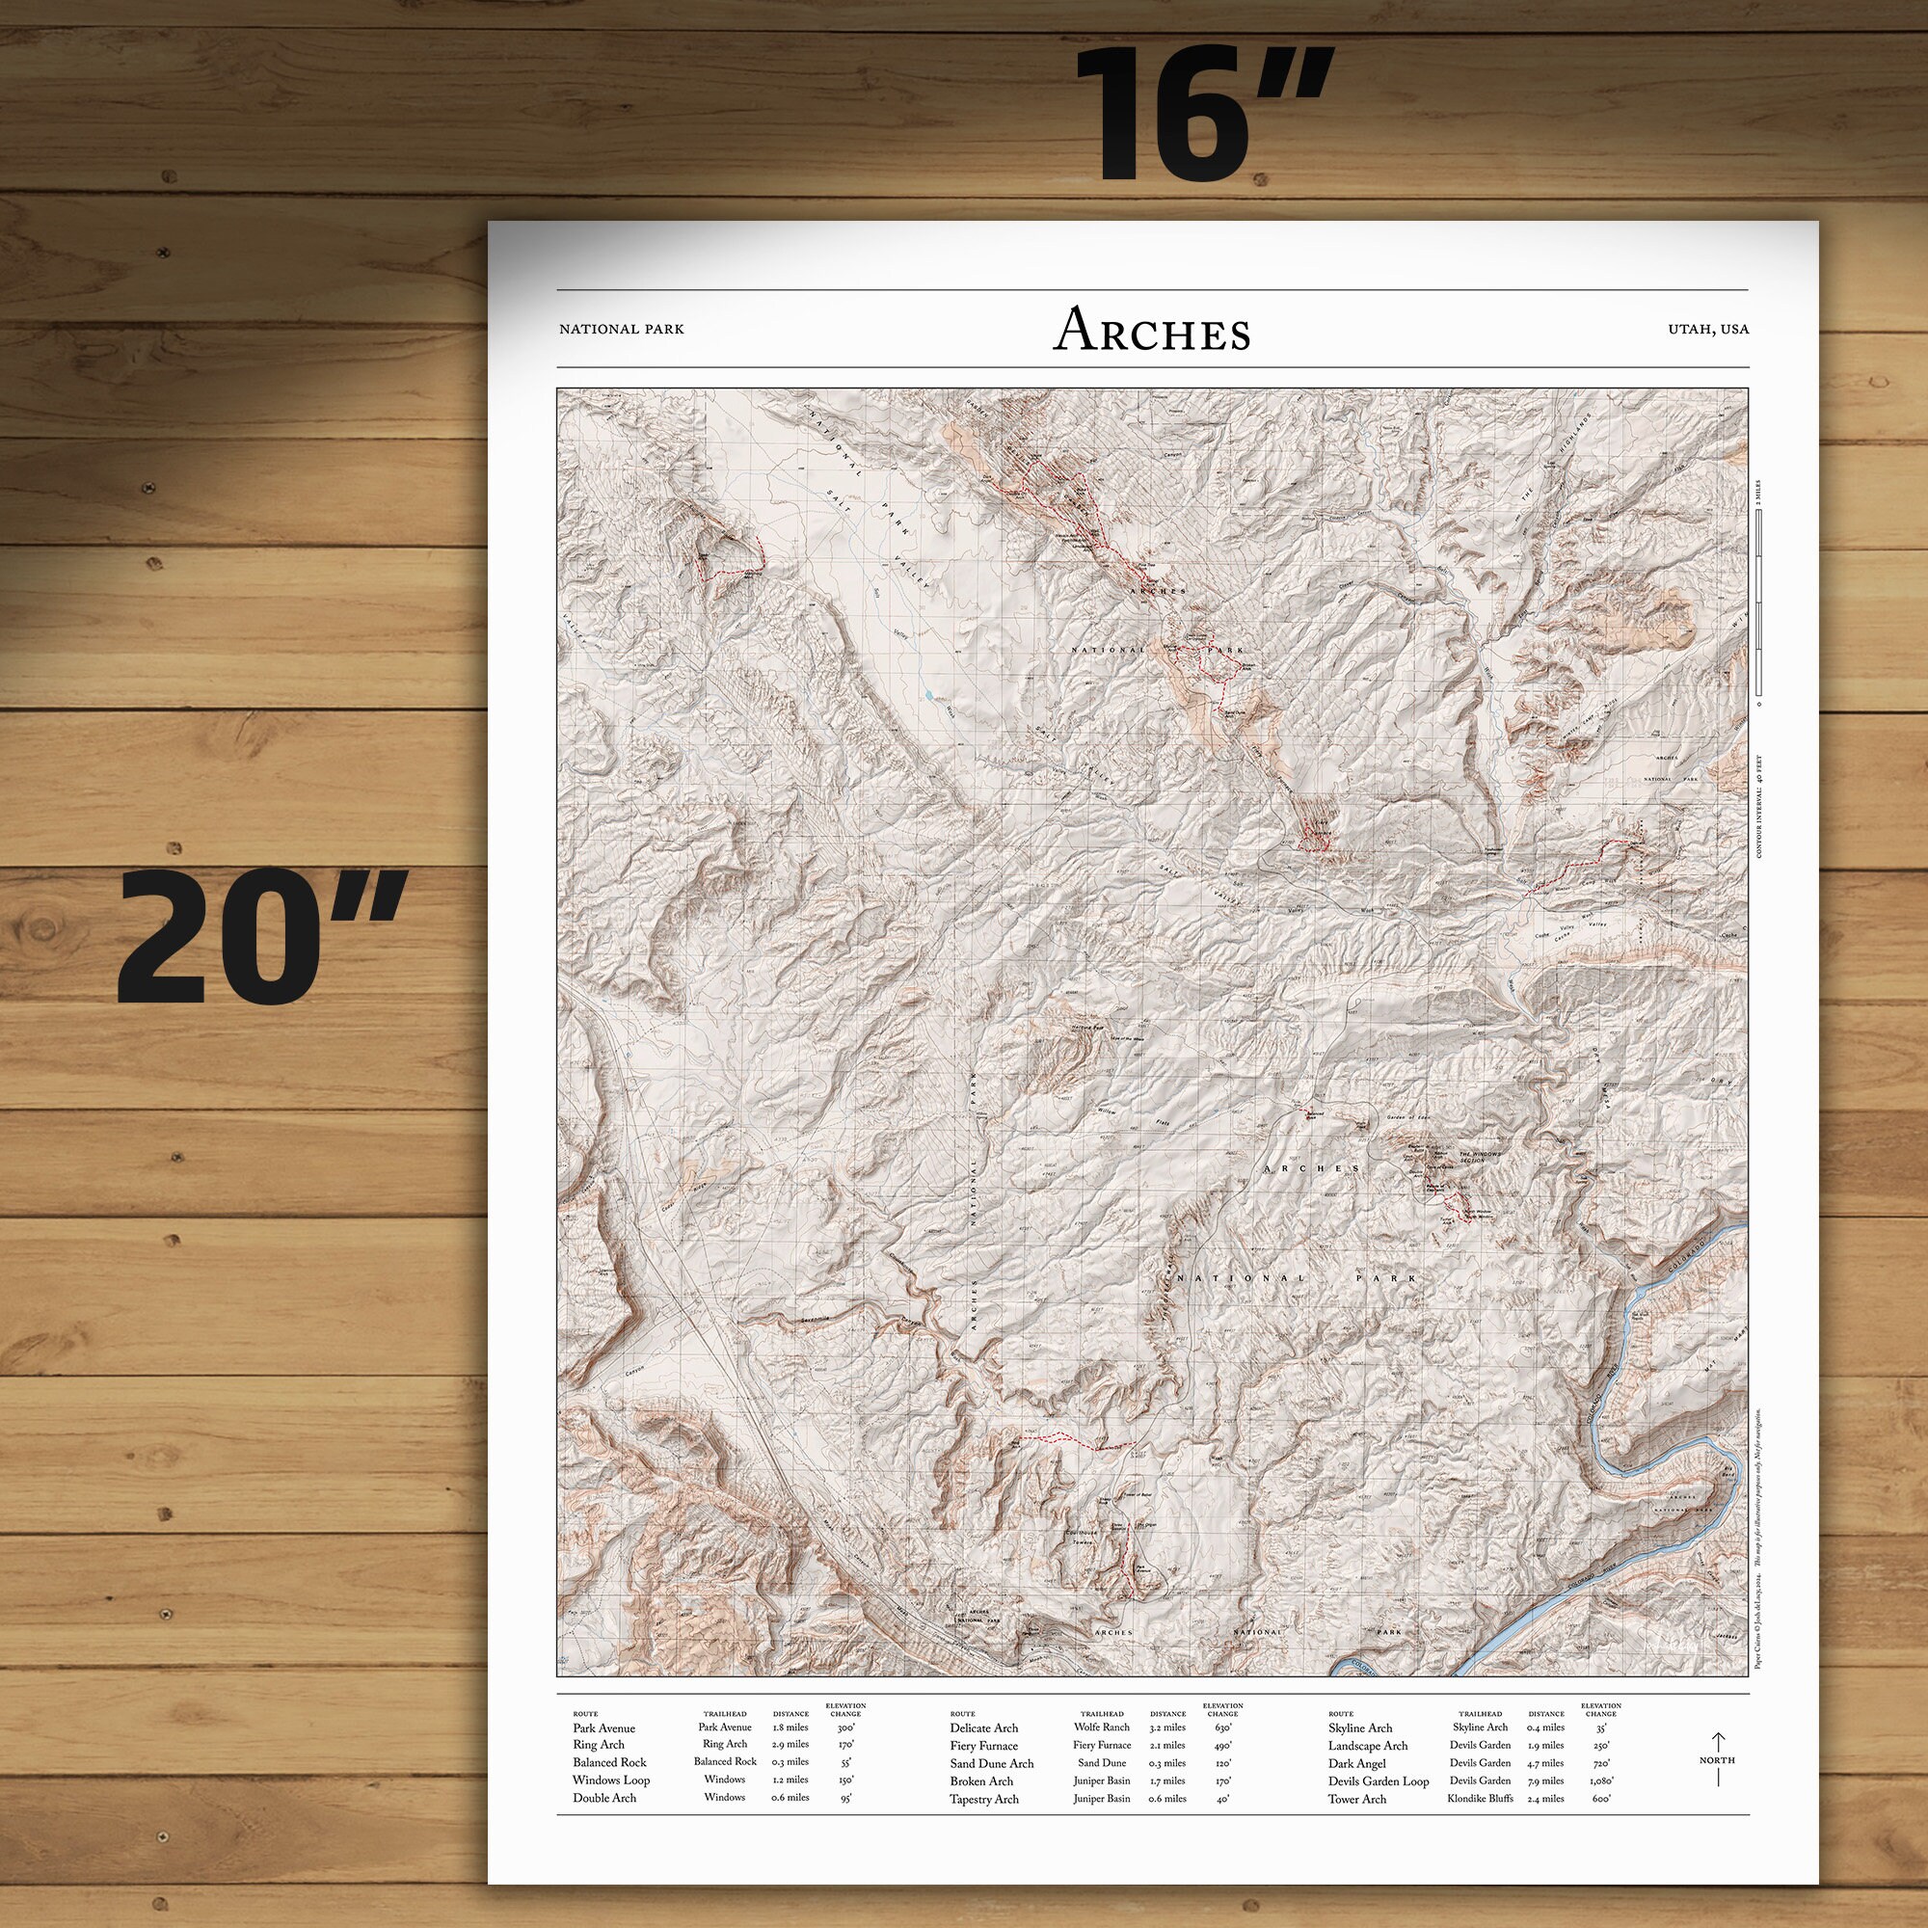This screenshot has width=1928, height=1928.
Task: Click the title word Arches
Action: pyautogui.click(x=1152, y=332)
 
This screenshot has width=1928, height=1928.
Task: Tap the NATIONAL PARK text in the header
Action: pyautogui.click(x=622, y=330)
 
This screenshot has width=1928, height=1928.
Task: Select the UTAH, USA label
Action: pyautogui.click(x=1707, y=330)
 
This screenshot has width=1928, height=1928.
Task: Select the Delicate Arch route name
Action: pyautogui.click(x=984, y=1728)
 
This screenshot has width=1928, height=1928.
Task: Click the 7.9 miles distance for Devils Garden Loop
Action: pyautogui.click(x=1546, y=1781)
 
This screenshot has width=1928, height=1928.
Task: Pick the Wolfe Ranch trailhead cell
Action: pyautogui.click(x=1102, y=1727)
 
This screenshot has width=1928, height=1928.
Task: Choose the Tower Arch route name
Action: pyautogui.click(x=1356, y=1799)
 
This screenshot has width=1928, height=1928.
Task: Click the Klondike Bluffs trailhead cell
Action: pyautogui.click(x=1480, y=1798)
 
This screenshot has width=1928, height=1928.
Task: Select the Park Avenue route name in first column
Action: pyautogui.click(x=603, y=1728)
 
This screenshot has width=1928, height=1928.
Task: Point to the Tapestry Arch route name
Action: pyautogui.click(x=984, y=1799)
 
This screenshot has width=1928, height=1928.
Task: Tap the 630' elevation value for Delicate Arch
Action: pyautogui.click(x=1223, y=1727)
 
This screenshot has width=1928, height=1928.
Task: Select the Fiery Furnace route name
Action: pyautogui.click(x=984, y=1747)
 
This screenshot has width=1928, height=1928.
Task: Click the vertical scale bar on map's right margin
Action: pyautogui.click(x=1758, y=608)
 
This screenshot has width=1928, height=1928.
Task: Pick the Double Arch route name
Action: pyautogui.click(x=603, y=1798)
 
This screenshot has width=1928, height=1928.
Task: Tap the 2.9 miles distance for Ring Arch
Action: pyautogui.click(x=790, y=1746)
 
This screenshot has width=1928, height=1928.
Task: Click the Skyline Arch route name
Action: pyautogui.click(x=1360, y=1728)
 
